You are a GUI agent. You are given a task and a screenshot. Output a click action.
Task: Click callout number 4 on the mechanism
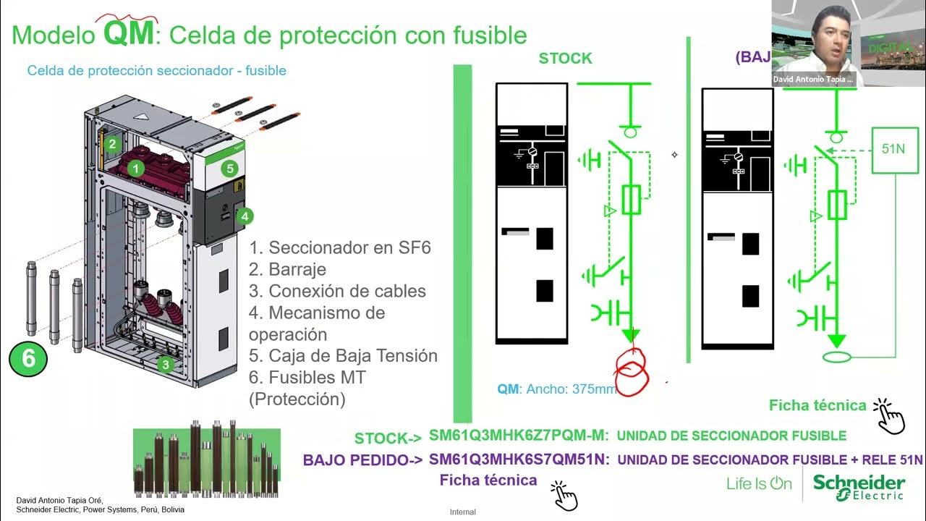click(245, 216)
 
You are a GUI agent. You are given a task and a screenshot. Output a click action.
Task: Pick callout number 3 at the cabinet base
click(166, 365)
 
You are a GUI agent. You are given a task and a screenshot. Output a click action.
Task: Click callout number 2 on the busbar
click(112, 144)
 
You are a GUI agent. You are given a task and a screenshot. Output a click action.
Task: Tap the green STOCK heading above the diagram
click(565, 59)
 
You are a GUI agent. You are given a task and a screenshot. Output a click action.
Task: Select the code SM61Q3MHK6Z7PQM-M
click(519, 436)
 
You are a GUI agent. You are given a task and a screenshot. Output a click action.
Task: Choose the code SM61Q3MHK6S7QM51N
click(519, 459)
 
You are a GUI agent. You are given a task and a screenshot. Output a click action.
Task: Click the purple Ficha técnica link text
click(488, 480)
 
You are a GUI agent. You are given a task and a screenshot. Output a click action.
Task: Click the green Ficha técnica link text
click(817, 405)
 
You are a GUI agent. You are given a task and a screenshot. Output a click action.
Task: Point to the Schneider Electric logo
click(859, 487)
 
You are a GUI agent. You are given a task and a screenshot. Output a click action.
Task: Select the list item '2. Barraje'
click(287, 269)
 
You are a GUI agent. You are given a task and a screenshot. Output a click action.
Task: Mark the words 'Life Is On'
click(759, 484)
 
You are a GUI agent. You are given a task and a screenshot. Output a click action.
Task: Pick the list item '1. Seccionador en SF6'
click(340, 247)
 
